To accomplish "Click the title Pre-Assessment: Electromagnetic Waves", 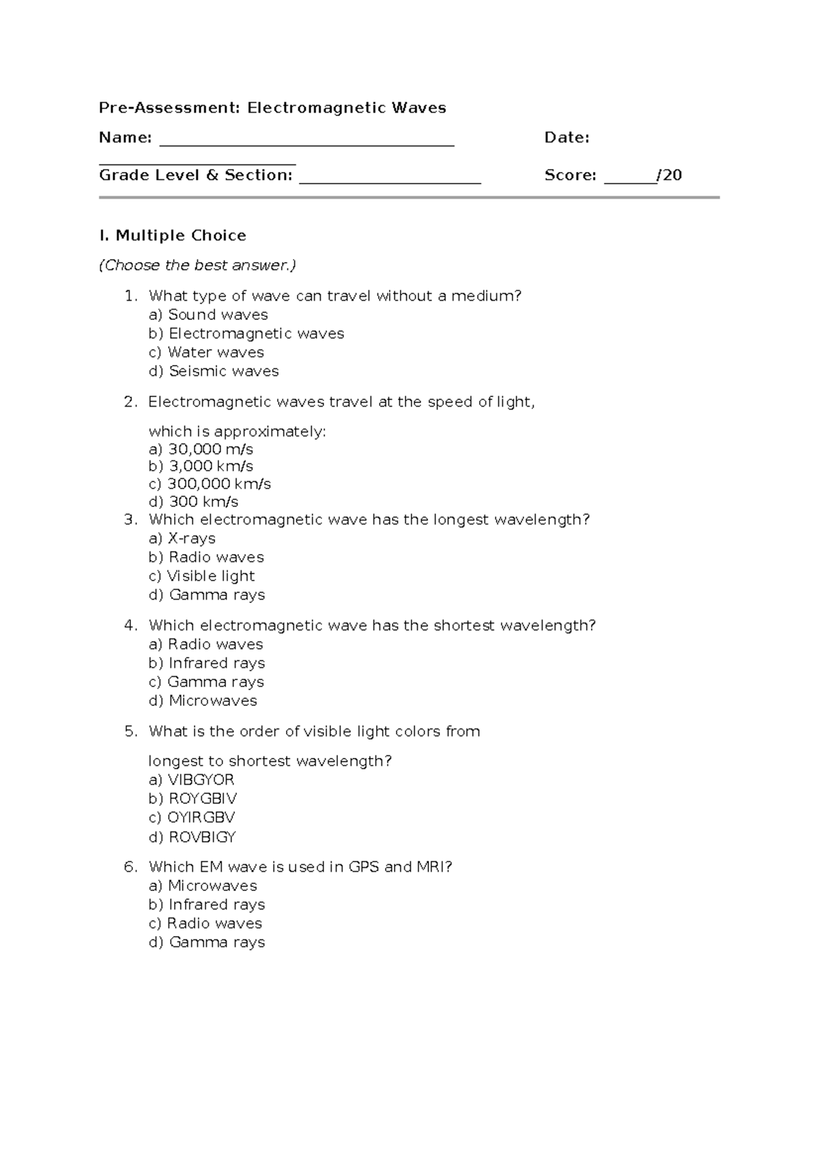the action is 272,108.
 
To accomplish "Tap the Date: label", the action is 566,138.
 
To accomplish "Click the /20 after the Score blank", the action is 670,175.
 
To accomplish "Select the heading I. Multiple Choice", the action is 172,235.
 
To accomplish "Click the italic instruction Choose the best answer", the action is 197,265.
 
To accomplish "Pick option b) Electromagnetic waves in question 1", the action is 246,334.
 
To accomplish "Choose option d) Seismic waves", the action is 214,371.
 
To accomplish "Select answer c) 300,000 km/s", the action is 210,484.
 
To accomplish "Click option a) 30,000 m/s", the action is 201,450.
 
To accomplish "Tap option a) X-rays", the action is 182,538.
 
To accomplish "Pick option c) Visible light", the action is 201,576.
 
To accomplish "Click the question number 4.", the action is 130,626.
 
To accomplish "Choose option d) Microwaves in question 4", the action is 203,701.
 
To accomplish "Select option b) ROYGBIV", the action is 192,799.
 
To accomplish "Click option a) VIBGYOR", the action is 191,780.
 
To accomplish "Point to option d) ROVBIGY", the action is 192,837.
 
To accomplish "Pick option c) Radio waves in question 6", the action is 205,924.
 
